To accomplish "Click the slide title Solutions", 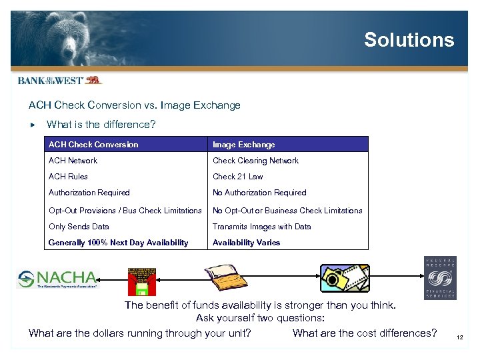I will [x=409, y=40].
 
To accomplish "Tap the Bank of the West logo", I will [x=59, y=80].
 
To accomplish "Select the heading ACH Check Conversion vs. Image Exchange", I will [x=134, y=105].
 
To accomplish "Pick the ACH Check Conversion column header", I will [x=93, y=145].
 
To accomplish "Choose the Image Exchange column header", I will [x=243, y=145].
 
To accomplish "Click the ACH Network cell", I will [x=73, y=161].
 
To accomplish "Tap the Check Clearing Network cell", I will [x=255, y=161].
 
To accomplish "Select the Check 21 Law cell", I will [x=237, y=177].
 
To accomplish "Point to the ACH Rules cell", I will [x=68, y=177].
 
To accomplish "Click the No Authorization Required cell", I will [x=259, y=193].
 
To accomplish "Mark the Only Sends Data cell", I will [x=79, y=227].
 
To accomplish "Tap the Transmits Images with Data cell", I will [x=261, y=227].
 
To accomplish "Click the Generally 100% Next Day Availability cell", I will [x=118, y=243].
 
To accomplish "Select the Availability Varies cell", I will [x=246, y=243].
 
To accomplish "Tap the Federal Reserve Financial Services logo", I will [x=440, y=278].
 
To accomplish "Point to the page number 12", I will [x=460, y=338].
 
